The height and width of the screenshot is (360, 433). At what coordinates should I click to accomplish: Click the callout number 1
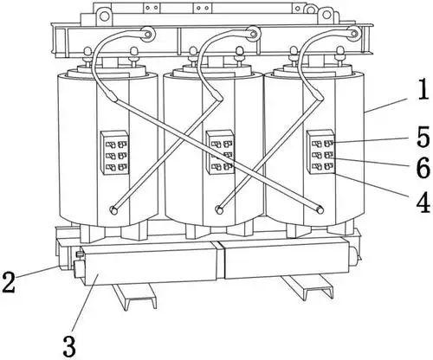pyautogui.click(x=423, y=90)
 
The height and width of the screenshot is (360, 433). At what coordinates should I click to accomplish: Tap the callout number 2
pyautogui.click(x=8, y=282)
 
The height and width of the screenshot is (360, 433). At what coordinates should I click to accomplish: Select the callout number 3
pyautogui.click(x=69, y=346)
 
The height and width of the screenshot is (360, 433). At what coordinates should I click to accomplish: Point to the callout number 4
pyautogui.click(x=423, y=202)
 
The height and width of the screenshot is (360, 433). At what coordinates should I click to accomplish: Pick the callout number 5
pyautogui.click(x=423, y=137)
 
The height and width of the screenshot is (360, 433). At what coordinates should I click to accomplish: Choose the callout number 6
pyautogui.click(x=423, y=168)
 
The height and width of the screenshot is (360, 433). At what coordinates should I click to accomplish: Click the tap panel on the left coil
pyautogui.click(x=114, y=152)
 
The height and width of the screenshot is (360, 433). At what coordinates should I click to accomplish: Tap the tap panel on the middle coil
pyautogui.click(x=220, y=152)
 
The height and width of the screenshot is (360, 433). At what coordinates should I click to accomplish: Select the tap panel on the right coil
pyautogui.click(x=320, y=151)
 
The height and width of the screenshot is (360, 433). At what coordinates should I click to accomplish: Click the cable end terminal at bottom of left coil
pyautogui.click(x=113, y=210)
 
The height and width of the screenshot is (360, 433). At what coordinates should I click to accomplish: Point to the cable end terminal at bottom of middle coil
pyautogui.click(x=220, y=210)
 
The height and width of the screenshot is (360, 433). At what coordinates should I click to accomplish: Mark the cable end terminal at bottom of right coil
pyautogui.click(x=320, y=210)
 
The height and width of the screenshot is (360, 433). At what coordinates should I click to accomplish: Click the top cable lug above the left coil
pyautogui.click(x=147, y=34)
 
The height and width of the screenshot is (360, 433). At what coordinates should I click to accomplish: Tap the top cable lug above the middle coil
pyautogui.click(x=253, y=34)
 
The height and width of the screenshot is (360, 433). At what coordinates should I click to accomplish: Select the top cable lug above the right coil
pyautogui.click(x=353, y=33)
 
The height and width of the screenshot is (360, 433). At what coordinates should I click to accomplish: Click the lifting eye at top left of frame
pyautogui.click(x=104, y=15)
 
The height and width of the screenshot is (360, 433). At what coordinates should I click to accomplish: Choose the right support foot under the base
pyautogui.click(x=308, y=286)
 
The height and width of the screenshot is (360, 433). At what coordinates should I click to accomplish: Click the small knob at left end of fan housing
pyautogui.click(x=79, y=254)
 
